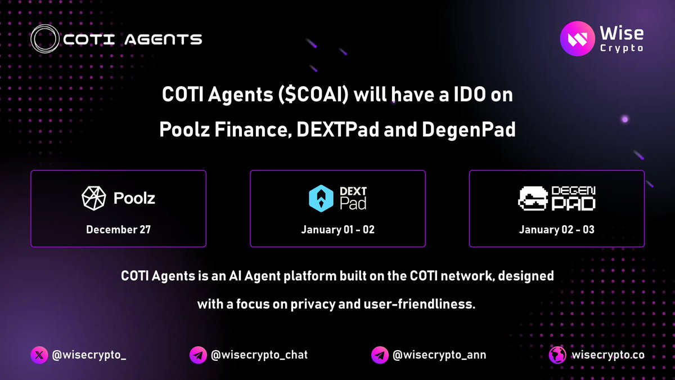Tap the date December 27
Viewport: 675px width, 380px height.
(118, 230)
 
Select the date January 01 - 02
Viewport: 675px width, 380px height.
(337, 230)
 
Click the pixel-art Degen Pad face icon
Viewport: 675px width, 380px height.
(532, 199)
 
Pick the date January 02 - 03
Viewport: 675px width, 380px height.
(556, 230)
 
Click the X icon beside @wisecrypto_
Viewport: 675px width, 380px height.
(39, 355)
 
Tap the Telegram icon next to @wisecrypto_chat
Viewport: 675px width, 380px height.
(197, 355)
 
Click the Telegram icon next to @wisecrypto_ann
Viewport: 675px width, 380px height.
(380, 355)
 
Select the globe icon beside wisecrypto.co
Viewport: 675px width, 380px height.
(557, 355)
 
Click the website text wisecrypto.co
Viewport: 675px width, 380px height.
(607, 355)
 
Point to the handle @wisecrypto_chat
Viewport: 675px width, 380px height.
(259, 355)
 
